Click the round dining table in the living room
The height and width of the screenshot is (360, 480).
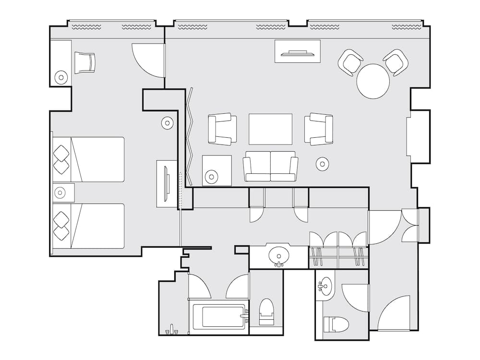[373, 82]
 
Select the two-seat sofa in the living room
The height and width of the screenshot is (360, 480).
[270, 167]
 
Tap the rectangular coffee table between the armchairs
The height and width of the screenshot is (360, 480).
[270, 129]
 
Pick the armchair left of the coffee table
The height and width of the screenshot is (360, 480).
[222, 129]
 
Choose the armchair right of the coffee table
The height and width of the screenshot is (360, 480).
[319, 129]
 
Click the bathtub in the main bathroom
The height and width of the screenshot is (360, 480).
[219, 317]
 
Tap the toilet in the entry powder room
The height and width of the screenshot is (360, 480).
[335, 324]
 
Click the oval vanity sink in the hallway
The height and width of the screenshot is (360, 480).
[279, 254]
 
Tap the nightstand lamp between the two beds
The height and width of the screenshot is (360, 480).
[60, 193]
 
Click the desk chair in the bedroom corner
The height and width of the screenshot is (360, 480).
[85, 62]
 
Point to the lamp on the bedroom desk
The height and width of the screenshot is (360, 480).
[61, 77]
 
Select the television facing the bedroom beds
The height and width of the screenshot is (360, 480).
[166, 183]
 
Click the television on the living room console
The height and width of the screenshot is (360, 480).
[297, 52]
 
